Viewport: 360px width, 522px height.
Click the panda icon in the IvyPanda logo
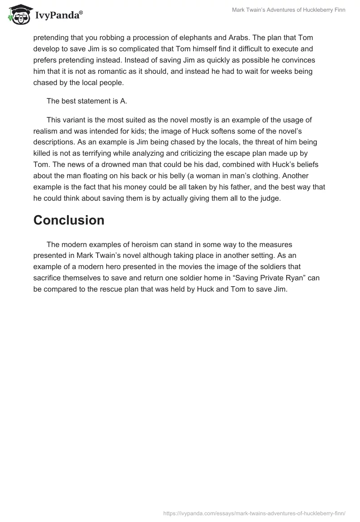(18, 14)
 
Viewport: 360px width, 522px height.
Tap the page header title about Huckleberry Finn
(288, 10)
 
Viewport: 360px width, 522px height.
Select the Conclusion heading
(69, 220)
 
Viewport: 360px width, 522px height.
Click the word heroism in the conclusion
(135, 244)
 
